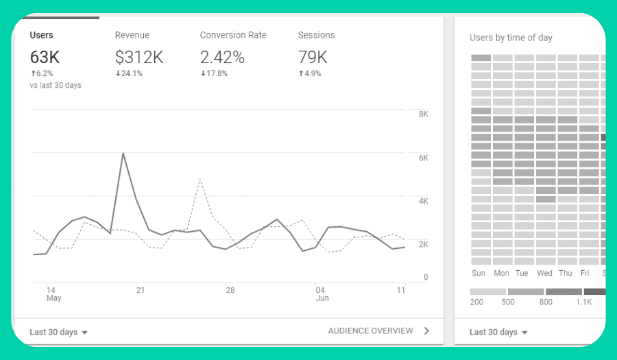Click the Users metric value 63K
click(45, 57)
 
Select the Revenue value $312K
click(138, 57)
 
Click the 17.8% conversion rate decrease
click(214, 73)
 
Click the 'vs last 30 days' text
click(56, 85)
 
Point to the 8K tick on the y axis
click(423, 114)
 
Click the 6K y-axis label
click(423, 158)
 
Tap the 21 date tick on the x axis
click(141, 290)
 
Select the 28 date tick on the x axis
click(230, 290)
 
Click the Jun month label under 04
click(322, 298)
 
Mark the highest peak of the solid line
click(123, 153)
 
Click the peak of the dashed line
click(199, 179)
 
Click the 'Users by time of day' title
click(511, 38)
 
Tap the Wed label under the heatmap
click(545, 273)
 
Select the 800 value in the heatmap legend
click(546, 302)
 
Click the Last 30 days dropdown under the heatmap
click(498, 332)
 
